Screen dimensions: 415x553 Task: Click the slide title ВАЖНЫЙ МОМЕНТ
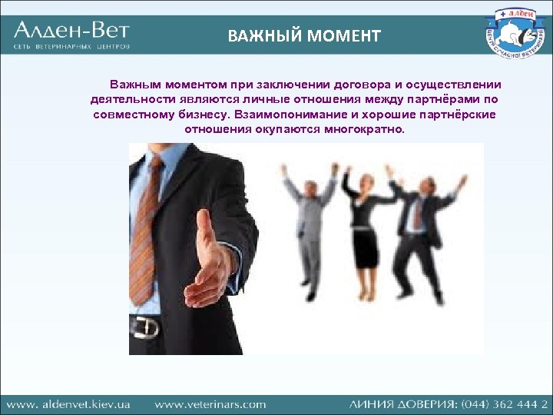pyautogui.click(x=303, y=35)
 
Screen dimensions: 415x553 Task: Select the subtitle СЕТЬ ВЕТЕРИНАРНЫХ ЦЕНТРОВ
pyautogui.click(x=71, y=47)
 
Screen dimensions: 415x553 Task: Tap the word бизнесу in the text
pyautogui.click(x=202, y=115)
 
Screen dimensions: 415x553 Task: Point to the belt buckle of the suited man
pyautogui.click(x=144, y=327)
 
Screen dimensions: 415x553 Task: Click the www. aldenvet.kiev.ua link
pyautogui.click(x=70, y=403)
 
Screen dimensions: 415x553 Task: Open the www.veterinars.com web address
pyautogui.click(x=210, y=403)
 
